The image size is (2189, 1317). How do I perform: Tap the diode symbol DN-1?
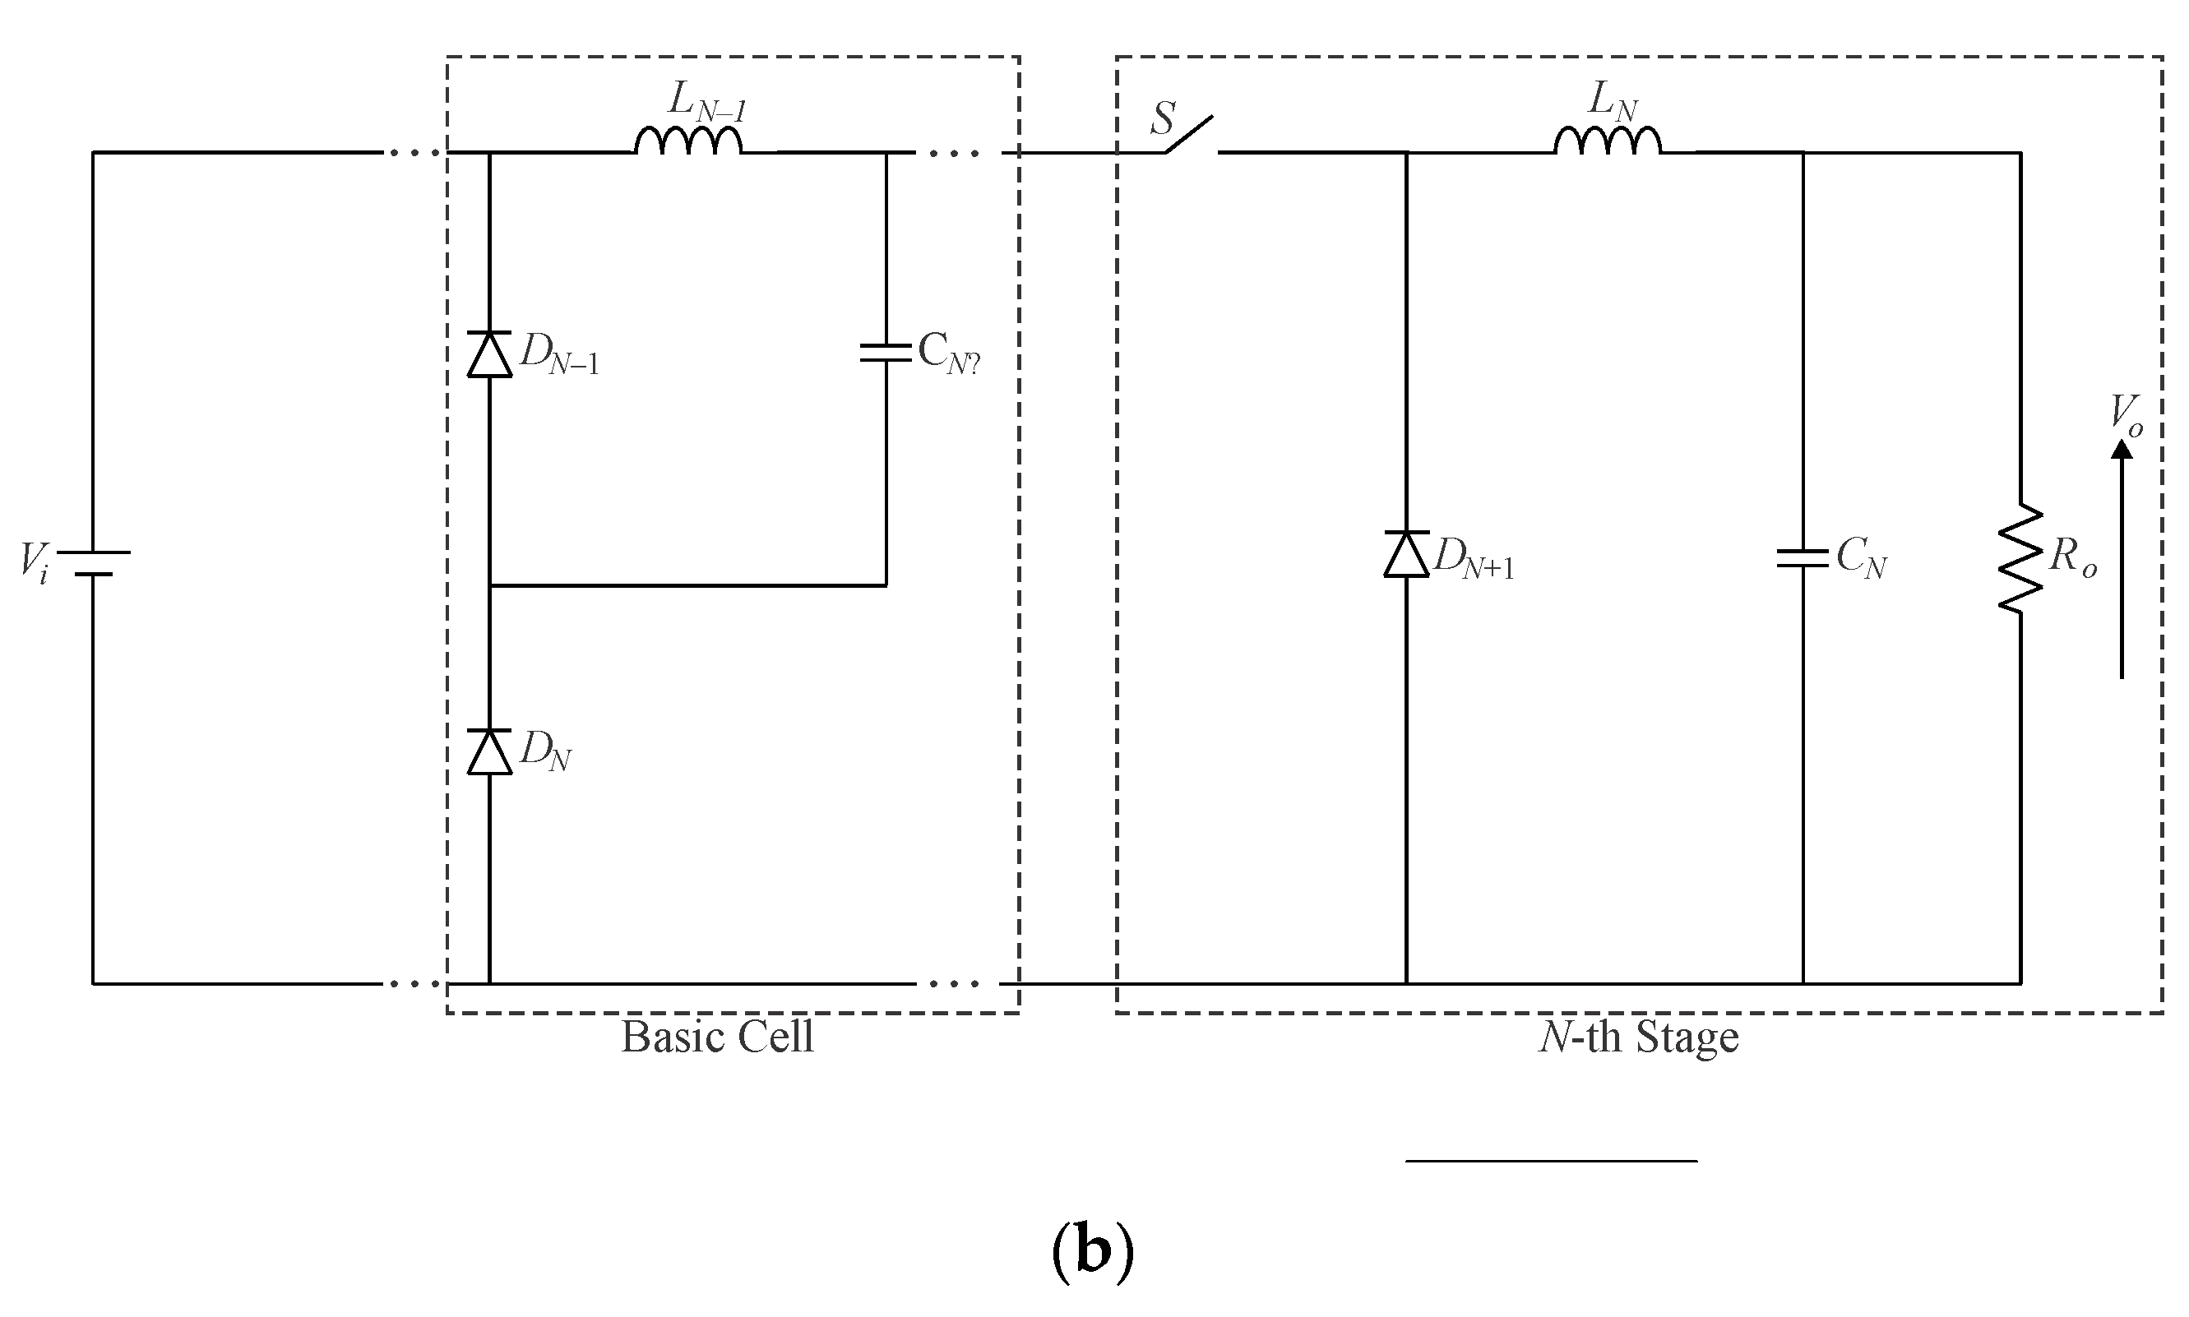(x=489, y=354)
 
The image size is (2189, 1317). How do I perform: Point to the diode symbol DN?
(x=489, y=751)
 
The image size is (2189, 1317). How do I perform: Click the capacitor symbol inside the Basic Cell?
(x=886, y=354)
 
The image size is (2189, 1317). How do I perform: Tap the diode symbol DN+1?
(x=1406, y=555)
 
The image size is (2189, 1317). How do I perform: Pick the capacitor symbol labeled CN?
(x=1802, y=557)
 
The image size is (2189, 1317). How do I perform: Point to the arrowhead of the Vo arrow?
(x=2122, y=450)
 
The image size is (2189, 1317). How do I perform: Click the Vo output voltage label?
(x=2126, y=414)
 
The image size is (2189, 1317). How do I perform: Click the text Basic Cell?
(x=717, y=1037)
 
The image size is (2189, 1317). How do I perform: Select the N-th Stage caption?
(x=1639, y=1037)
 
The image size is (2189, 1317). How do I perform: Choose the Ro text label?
(x=2074, y=557)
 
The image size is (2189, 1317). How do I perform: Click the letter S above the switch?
(x=1162, y=119)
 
